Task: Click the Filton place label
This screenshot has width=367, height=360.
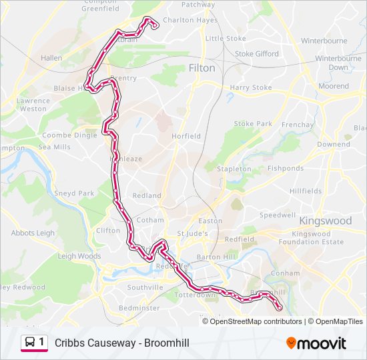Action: click(x=202, y=68)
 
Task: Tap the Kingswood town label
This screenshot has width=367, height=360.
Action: click(x=326, y=221)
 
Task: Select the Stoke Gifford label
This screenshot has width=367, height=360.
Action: click(x=257, y=54)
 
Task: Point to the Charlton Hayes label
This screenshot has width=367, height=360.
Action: click(x=190, y=21)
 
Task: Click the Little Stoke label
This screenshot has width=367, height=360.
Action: click(x=226, y=39)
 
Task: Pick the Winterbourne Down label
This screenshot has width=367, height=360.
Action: click(x=338, y=63)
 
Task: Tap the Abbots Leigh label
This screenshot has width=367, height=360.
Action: click(x=33, y=233)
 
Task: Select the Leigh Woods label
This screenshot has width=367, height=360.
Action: click(x=79, y=256)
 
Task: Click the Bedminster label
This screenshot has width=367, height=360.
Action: click(x=139, y=308)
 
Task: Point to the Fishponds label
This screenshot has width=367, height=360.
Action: click(x=286, y=169)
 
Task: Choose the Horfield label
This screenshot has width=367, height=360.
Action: click(x=186, y=136)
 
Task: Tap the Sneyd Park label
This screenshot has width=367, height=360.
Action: click(x=76, y=193)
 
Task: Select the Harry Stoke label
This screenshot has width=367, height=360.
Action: click(x=250, y=87)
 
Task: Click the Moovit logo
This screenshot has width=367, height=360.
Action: click(x=316, y=343)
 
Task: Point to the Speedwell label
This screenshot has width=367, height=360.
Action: click(x=278, y=215)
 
